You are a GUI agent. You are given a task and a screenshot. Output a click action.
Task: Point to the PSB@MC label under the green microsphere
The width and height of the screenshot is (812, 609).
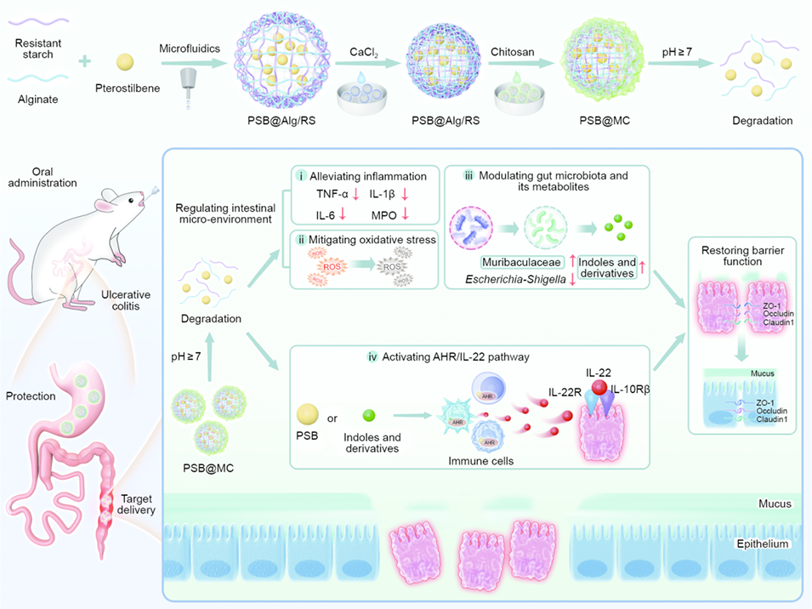coord(600,121)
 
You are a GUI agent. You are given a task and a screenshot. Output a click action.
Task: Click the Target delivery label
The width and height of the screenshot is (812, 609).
coord(137,504)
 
